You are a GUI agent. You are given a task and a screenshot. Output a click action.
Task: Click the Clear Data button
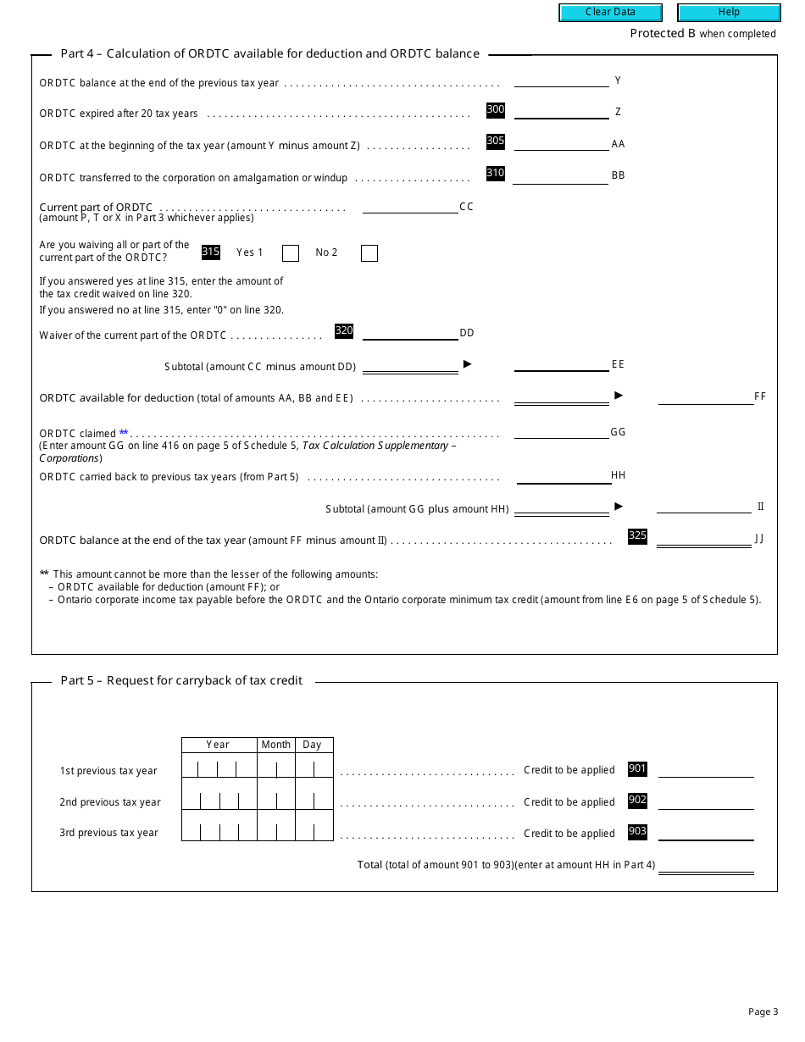610,13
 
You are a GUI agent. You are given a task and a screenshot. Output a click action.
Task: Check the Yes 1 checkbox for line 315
291,253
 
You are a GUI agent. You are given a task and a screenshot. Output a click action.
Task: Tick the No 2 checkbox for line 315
369,253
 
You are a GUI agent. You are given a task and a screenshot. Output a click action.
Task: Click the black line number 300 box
496,110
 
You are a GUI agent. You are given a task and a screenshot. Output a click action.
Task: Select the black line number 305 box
496,141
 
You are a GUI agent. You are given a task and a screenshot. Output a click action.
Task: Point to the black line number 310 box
496,174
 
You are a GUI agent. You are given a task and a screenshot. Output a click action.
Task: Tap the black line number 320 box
344,331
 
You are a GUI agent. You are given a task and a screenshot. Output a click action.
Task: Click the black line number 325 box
637,536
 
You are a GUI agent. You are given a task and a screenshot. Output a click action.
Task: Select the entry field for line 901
706,769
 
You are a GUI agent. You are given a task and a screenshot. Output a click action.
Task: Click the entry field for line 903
706,833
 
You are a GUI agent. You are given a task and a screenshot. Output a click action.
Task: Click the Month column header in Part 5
275,745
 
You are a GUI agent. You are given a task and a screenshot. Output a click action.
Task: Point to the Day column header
312,745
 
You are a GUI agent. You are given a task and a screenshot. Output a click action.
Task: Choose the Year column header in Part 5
218,745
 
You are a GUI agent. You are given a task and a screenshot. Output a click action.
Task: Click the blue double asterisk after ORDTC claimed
124,433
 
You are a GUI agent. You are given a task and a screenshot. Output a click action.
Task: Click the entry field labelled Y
561,80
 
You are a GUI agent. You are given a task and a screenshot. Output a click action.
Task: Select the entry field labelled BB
560,176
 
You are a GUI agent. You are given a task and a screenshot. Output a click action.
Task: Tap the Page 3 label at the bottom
763,1012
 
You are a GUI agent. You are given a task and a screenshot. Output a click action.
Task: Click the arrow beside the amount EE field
467,364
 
